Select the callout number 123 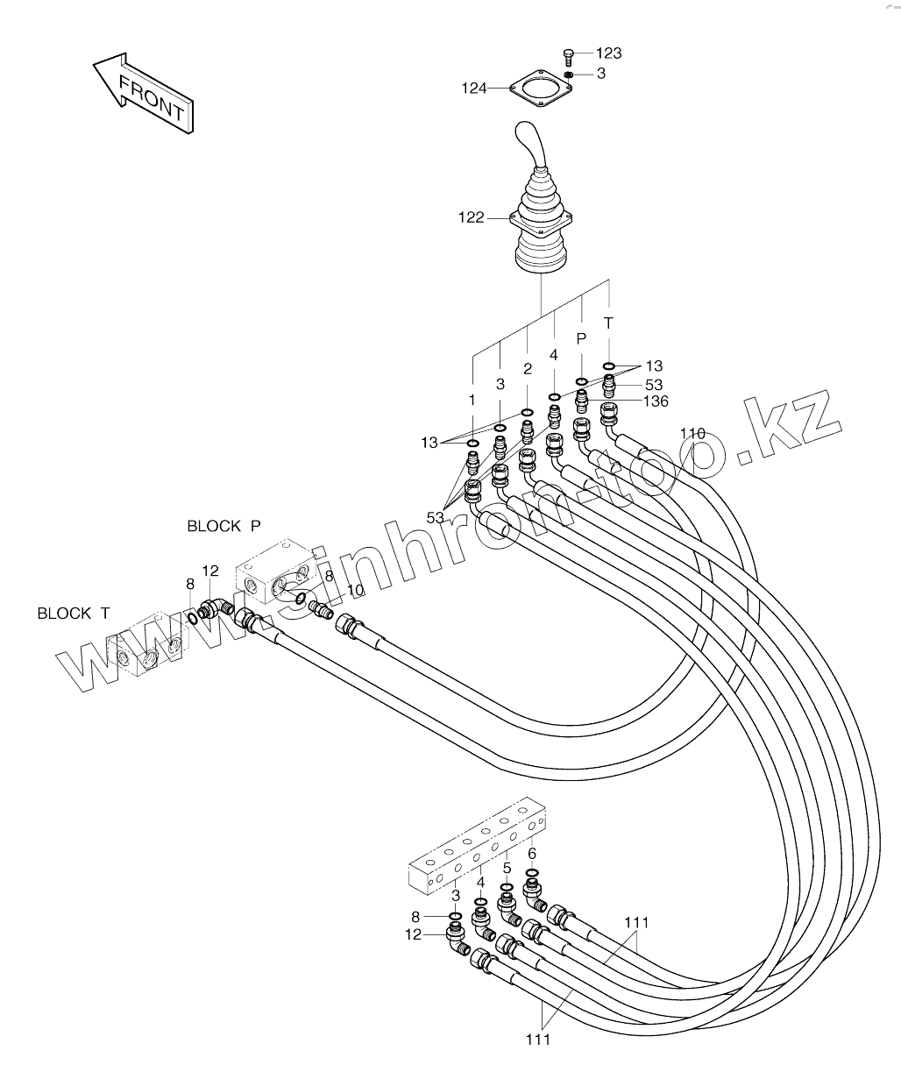coord(609,53)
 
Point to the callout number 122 coord(471,217)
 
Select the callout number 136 coord(655,401)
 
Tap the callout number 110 coord(692,433)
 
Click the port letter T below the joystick coord(608,323)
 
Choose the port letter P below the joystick coord(581,338)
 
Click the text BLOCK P coord(223,526)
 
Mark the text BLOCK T coord(74,614)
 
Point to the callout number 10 coord(354,591)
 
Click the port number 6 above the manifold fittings coord(532,853)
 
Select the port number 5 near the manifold coord(507,869)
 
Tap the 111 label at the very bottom coord(537,1040)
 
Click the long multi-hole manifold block coord(478,847)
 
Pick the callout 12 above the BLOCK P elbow coord(210,571)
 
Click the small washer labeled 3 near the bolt coord(569,75)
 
